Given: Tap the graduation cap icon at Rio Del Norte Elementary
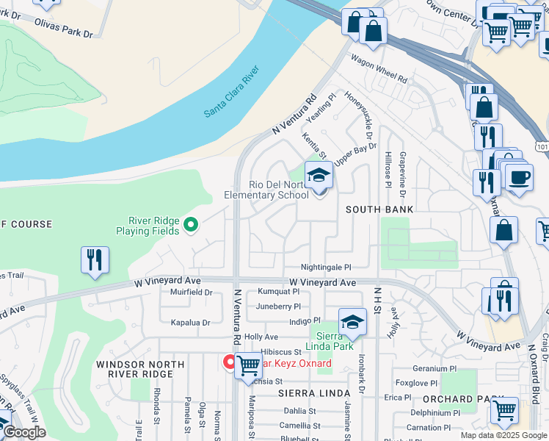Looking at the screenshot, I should (319, 176).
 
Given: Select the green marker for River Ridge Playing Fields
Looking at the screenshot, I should (192, 225).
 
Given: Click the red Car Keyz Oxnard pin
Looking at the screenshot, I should (230, 362).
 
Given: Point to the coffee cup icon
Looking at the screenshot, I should (519, 178).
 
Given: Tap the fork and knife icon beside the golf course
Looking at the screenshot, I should (95, 260).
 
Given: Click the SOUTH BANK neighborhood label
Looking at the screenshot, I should (379, 209).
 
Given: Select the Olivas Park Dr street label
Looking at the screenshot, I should (64, 28).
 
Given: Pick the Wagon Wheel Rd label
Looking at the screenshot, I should (378, 68).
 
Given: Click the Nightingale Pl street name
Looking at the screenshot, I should (326, 268).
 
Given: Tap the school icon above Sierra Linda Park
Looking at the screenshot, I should (352, 322).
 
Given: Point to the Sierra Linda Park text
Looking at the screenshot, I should (330, 340).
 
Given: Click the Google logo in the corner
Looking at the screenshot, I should (23, 432).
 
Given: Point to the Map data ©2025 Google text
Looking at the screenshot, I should (503, 435).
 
